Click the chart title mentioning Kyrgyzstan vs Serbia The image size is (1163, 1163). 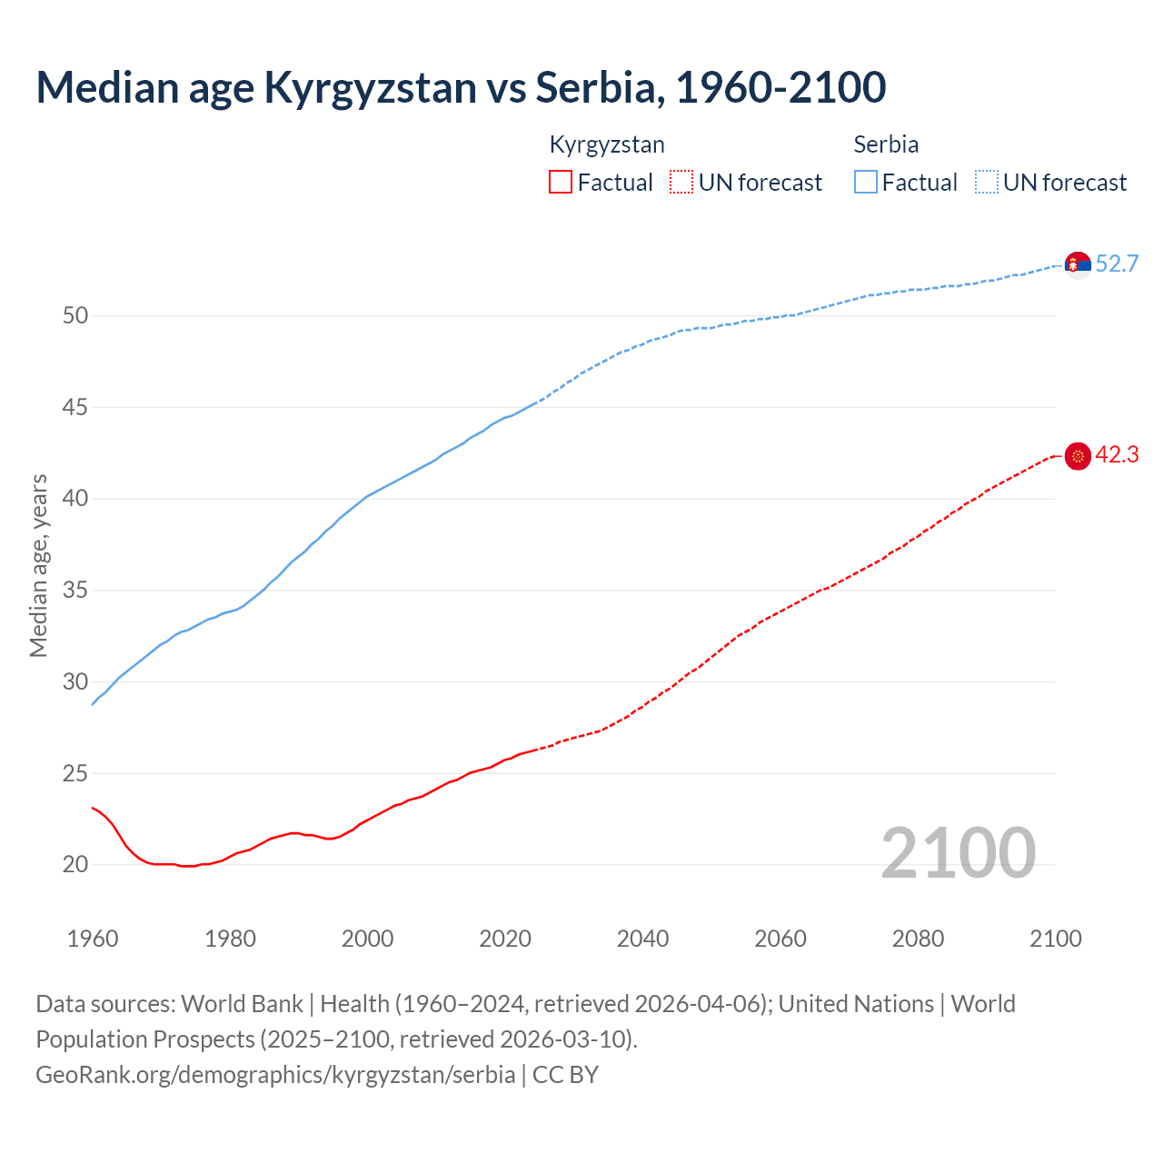[461, 87]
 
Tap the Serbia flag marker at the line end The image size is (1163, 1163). [1078, 264]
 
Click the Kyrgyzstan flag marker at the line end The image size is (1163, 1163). [1078, 456]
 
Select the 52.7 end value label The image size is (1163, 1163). [1117, 264]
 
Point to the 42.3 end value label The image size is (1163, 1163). [1117, 455]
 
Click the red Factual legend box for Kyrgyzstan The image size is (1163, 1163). [561, 183]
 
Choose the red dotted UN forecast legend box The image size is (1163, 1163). [681, 183]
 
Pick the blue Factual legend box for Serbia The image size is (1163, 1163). [866, 183]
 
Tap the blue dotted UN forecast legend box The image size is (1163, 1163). [987, 183]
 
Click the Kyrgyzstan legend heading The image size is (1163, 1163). [607, 144]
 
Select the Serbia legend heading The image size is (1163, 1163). [886, 144]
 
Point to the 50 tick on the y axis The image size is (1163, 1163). [75, 316]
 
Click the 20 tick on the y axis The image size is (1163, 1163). [75, 865]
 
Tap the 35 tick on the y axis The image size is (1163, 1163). [75, 591]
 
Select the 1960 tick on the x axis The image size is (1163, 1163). [93, 939]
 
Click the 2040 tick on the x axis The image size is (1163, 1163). [642, 939]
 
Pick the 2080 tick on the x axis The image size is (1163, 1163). [918, 939]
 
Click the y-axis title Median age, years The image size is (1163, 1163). [38, 565]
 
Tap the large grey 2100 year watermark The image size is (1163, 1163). [958, 852]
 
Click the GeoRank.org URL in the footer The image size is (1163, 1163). [275, 1075]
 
